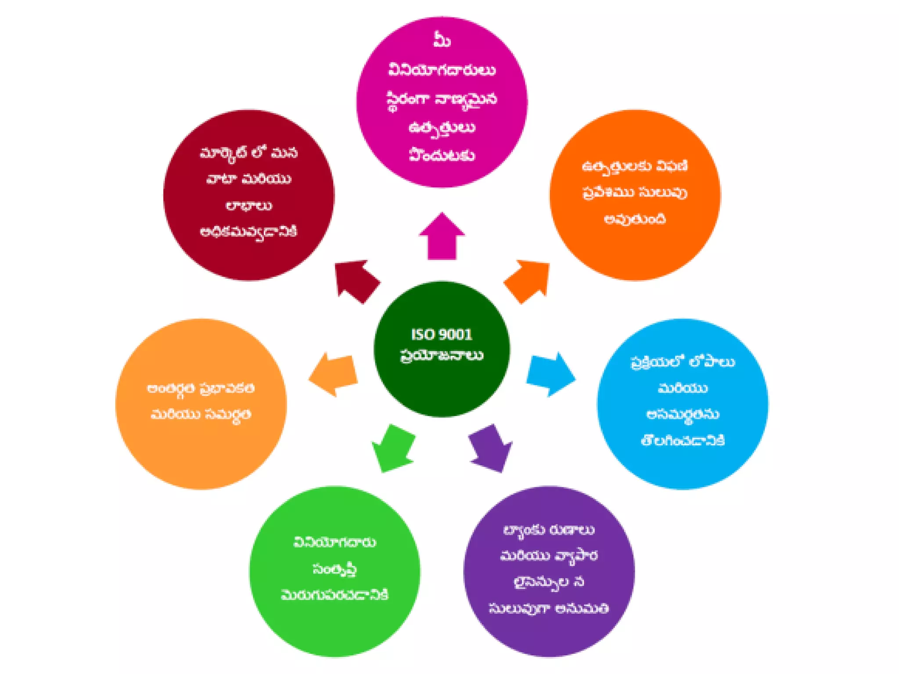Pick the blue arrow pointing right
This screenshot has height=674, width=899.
tap(551, 374)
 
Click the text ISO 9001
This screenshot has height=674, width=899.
tap(442, 334)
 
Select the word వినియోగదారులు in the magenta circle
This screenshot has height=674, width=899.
tap(442, 70)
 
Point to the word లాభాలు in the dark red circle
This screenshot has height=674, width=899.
tap(248, 205)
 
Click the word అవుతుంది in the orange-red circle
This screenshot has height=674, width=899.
tap(635, 219)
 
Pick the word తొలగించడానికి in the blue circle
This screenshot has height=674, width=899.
tap(683, 440)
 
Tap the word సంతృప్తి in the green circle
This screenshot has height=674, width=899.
tap(334, 569)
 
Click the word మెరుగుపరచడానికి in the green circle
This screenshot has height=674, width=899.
tap(334, 595)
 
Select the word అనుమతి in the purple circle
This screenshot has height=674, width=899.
tap(582, 609)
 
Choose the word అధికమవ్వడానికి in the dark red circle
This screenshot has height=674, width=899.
tap(248, 232)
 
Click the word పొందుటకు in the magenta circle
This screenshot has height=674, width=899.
tap(442, 155)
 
